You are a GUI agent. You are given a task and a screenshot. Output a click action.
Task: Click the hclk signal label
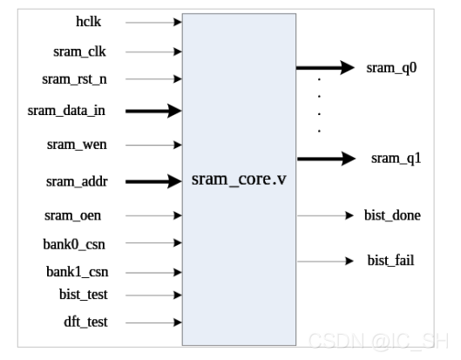coord(88,22)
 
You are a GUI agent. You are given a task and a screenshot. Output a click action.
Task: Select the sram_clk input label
coord(79,51)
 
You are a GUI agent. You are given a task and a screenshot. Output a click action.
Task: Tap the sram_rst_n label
coord(74,79)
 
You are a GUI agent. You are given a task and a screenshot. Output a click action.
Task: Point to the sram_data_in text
coord(66,111)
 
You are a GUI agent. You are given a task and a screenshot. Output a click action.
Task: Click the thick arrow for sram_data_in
coord(153,111)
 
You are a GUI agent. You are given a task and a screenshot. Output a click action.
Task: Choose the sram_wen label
coord(77,145)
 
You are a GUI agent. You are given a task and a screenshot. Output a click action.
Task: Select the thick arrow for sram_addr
coord(153,181)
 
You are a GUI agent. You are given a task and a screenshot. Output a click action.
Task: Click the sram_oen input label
coord(72,215)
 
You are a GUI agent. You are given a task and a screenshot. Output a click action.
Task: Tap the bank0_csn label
coord(74,244)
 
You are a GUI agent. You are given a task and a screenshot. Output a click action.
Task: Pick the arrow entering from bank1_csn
coord(153,272)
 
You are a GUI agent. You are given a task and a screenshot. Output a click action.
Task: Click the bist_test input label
coord(84,295)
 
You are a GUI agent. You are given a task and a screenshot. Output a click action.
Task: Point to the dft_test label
coord(85,322)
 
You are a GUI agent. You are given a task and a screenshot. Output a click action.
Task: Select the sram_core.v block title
coord(239,179)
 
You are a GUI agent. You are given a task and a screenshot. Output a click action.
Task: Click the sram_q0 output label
coord(391,68)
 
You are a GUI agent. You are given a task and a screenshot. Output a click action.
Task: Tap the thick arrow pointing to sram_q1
coord(326,159)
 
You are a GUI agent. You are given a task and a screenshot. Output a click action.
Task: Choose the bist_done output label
coord(392,215)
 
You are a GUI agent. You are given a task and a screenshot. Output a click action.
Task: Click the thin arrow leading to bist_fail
coord(325,261)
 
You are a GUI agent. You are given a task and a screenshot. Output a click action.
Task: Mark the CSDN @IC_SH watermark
coord(378,341)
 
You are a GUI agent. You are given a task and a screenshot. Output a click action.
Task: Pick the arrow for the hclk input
coord(153,22)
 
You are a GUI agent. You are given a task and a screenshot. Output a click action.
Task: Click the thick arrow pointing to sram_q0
coord(325,68)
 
